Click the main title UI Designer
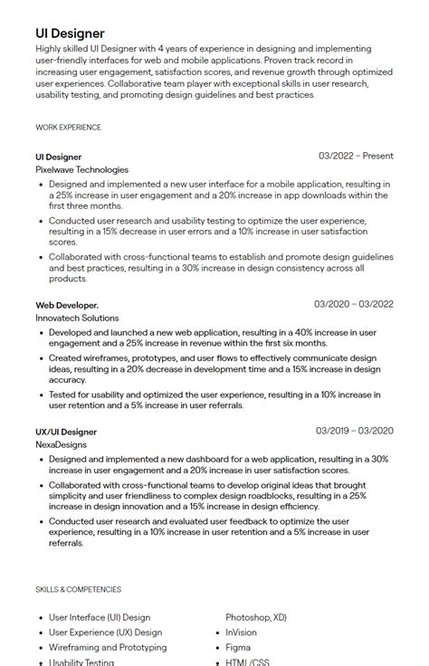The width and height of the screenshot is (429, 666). click(70, 33)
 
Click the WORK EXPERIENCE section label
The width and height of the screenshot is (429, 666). click(68, 128)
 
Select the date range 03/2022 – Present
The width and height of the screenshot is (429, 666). click(356, 157)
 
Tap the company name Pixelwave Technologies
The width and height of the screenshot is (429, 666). click(82, 169)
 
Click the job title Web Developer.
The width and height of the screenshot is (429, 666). click(67, 305)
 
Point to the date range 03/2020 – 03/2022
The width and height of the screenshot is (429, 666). click(354, 305)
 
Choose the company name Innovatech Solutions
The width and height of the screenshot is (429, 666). click(77, 319)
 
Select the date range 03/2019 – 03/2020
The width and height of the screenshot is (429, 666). click(355, 431)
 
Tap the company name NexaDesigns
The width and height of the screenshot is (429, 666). click(62, 445)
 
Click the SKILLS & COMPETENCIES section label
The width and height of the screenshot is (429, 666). click(78, 589)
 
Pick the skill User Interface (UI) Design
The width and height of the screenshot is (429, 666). click(100, 618)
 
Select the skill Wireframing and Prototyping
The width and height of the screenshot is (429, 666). click(108, 648)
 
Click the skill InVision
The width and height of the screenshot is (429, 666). click(241, 633)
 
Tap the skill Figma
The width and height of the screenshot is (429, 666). click(238, 648)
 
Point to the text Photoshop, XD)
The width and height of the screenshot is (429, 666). click(256, 618)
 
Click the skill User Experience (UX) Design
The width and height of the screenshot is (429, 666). click(105, 633)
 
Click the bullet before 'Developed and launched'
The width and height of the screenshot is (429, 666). click(42, 333)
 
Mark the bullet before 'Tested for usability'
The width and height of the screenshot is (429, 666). click(42, 395)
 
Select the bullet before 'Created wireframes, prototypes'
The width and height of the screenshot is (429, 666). click(42, 358)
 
